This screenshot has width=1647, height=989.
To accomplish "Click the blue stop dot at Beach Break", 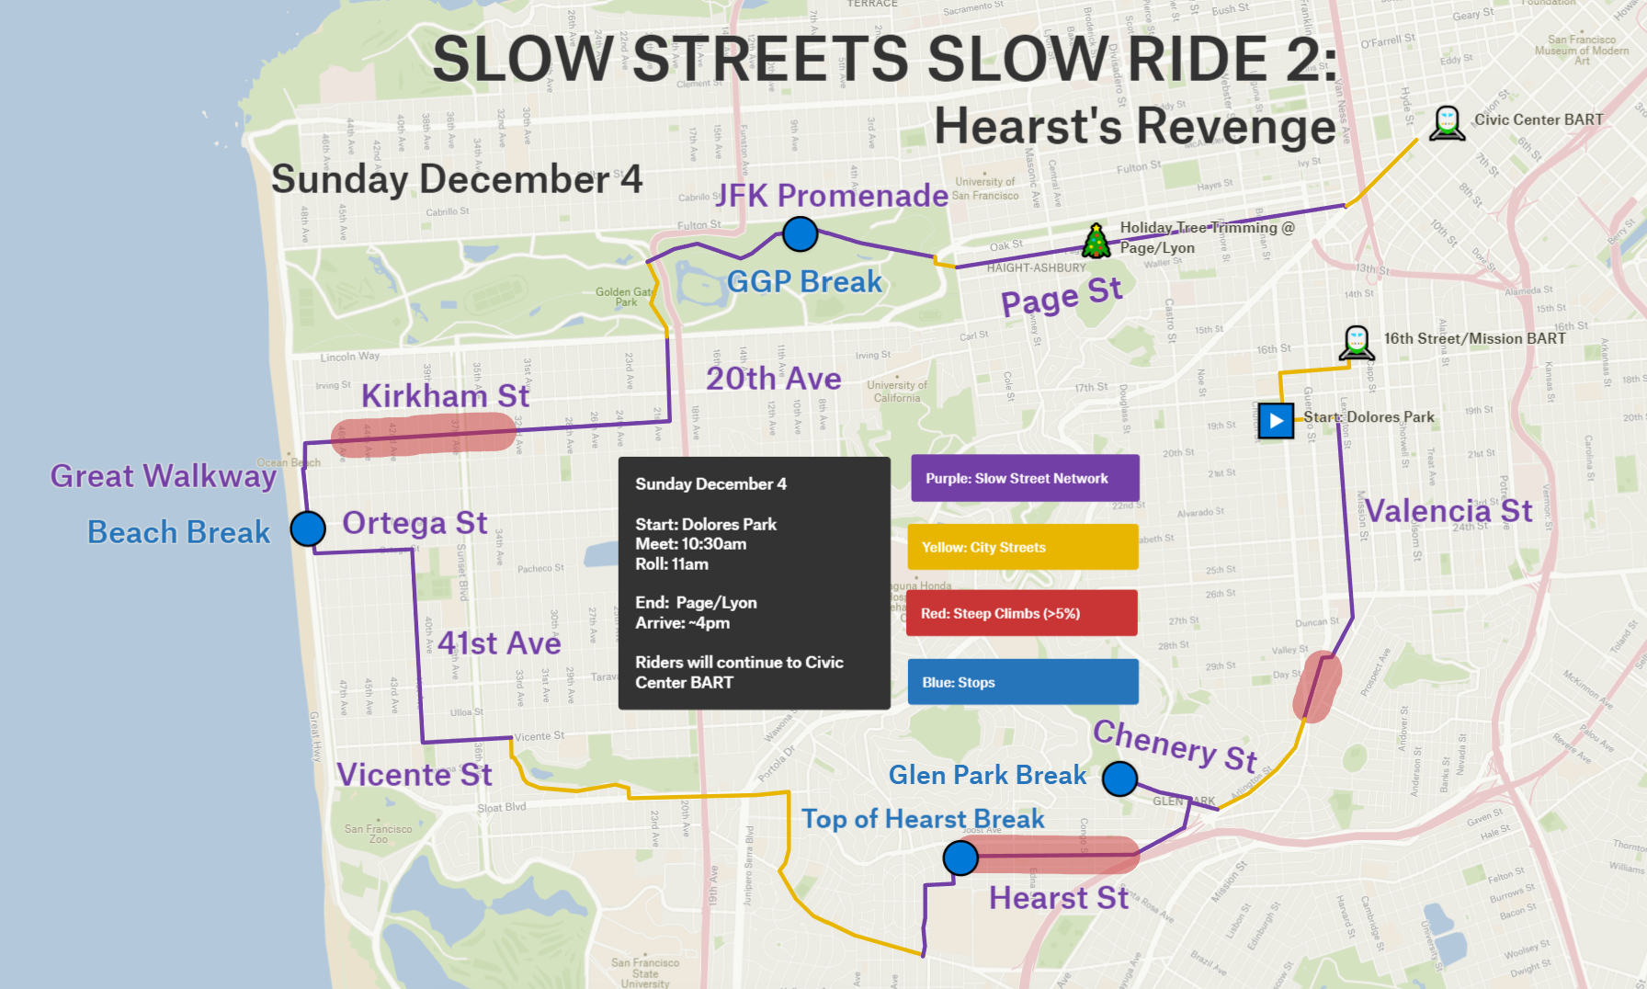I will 308,529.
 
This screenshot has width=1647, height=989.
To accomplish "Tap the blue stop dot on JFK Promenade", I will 801,234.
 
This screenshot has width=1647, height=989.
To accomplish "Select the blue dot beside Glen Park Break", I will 1119,779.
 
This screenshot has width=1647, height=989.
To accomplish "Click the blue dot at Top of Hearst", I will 960,858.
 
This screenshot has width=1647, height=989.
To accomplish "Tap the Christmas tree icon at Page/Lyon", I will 1096,241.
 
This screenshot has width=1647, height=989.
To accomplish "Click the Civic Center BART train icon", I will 1447,122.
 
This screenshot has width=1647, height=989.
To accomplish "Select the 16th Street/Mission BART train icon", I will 1357,343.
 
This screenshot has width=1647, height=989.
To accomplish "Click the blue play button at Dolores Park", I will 1276,421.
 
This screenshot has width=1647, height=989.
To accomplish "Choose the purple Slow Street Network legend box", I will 1025,478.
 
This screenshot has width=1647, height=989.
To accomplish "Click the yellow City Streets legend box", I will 1023,547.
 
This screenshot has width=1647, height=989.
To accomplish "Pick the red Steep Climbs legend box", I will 1022,613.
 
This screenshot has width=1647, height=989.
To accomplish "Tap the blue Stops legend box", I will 1023,682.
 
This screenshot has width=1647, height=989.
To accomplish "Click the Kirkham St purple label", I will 445,396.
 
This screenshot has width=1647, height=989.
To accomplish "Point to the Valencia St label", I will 1448,511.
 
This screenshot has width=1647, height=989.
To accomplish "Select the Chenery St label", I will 1175,744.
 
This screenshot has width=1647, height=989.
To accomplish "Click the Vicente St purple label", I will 414,775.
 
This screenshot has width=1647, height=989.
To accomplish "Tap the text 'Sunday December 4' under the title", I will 457,179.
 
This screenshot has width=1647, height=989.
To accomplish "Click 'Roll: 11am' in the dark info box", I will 672,564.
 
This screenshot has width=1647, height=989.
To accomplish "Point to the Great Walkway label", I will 163,476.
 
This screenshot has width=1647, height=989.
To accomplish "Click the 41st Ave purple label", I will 499,643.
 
